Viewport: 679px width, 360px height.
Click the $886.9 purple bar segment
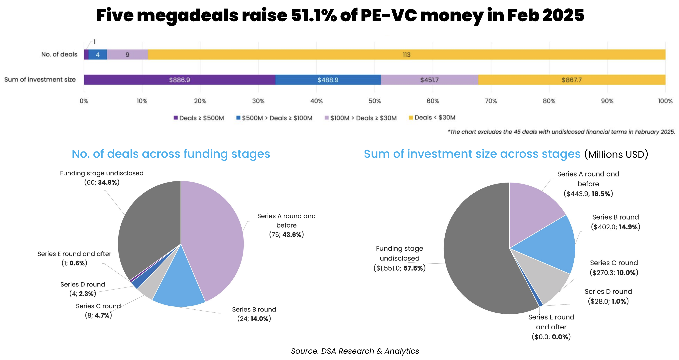179,80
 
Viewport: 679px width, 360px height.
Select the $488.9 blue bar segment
328,80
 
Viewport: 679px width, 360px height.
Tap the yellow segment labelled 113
406,55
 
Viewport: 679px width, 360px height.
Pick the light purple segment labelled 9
127,55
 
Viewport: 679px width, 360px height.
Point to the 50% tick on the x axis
375,101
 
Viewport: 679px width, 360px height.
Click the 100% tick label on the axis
665,101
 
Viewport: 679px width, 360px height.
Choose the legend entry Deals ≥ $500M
199,118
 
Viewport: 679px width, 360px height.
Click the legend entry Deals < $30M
432,118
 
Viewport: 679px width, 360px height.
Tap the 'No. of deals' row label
59,54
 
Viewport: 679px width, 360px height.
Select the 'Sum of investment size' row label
40,80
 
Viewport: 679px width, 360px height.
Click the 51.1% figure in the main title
314,15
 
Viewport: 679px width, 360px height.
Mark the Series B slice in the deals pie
179,285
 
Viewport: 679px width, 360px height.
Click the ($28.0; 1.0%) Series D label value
608,301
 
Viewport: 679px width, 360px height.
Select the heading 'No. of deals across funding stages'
171,154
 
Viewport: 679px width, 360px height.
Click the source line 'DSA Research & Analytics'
355,351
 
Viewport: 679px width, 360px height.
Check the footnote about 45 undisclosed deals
561,132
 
